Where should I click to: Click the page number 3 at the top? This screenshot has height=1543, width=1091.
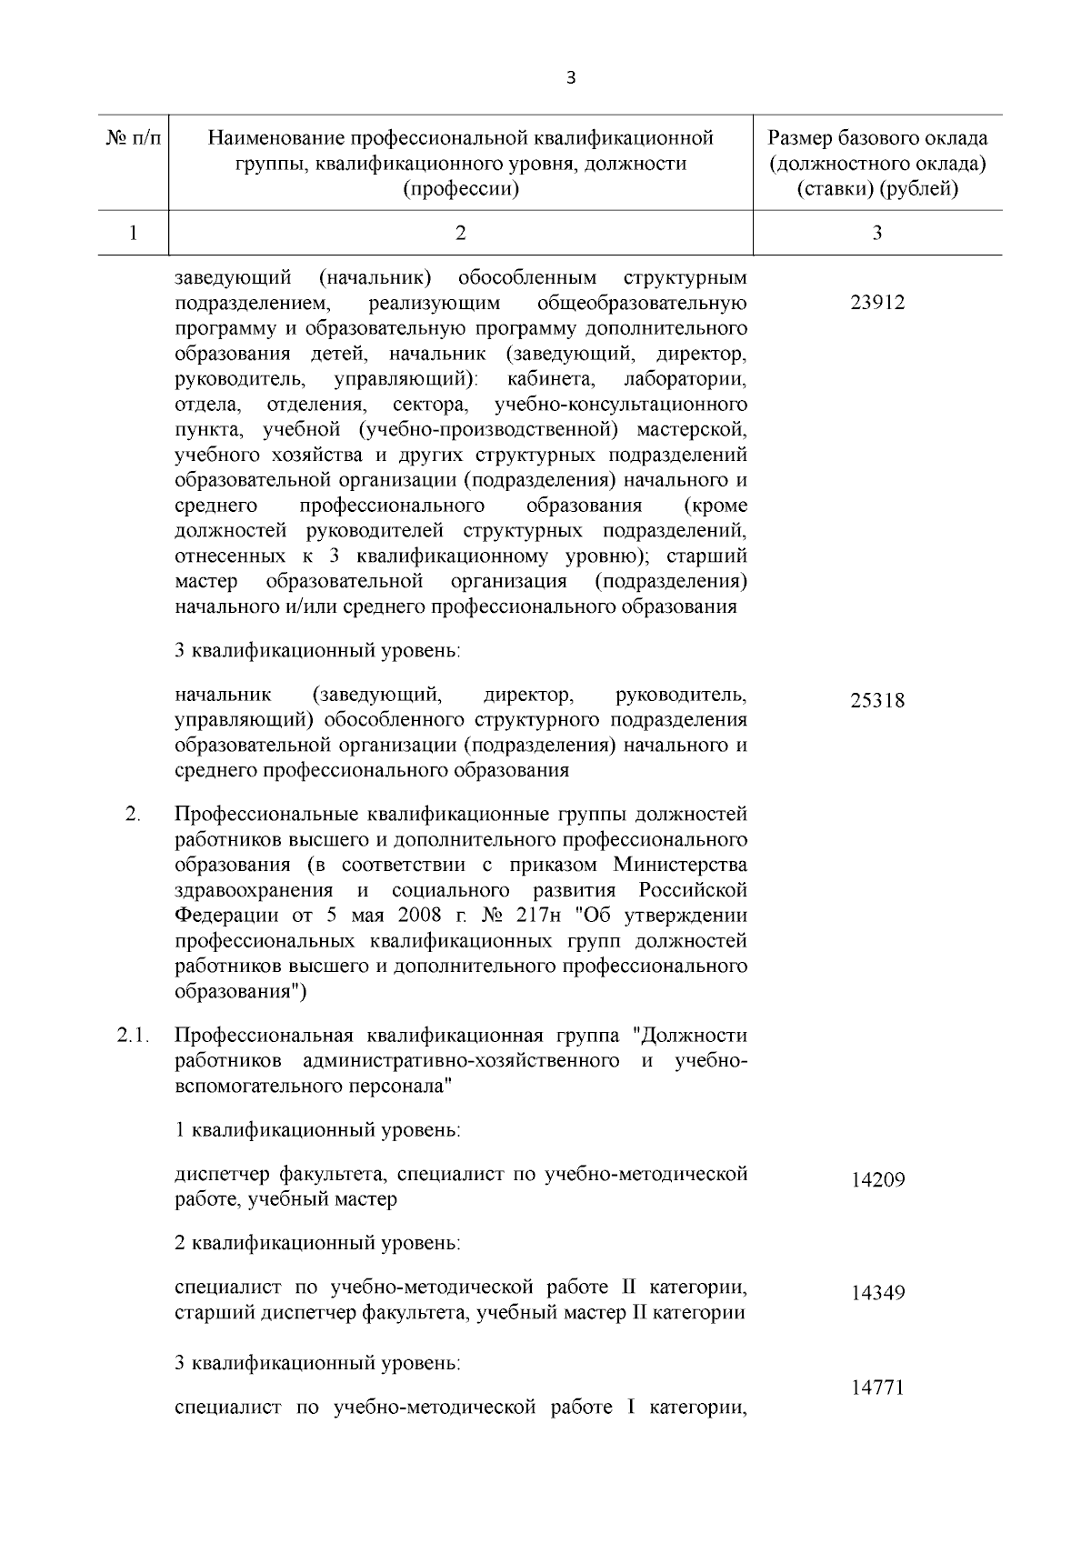point(570,78)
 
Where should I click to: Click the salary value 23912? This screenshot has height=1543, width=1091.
point(877,303)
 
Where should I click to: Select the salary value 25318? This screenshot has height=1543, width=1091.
point(877,701)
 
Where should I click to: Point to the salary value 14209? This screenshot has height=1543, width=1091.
point(877,1180)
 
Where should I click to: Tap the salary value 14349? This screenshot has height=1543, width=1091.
point(877,1293)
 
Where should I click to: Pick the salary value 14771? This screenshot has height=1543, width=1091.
point(877,1388)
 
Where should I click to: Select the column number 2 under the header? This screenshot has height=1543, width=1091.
point(460,234)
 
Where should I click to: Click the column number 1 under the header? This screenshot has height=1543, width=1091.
point(133,234)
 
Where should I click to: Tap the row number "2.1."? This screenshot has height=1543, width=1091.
point(133,1036)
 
